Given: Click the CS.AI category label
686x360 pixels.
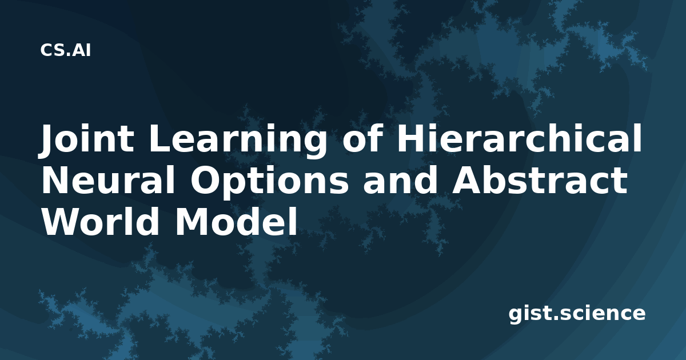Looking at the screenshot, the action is click(x=65, y=50).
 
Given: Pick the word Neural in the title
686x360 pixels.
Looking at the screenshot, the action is click(x=108, y=180).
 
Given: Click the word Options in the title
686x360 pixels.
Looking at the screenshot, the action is click(x=269, y=182).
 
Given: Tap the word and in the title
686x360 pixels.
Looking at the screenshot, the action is click(x=400, y=180).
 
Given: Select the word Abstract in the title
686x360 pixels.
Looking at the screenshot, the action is click(x=540, y=180).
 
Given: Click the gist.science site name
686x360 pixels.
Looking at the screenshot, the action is click(x=577, y=314).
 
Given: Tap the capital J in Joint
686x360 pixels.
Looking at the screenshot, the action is click(x=49, y=141).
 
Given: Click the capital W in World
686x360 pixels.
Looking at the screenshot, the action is click(x=63, y=222).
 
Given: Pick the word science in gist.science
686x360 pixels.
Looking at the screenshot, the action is click(x=603, y=313).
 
